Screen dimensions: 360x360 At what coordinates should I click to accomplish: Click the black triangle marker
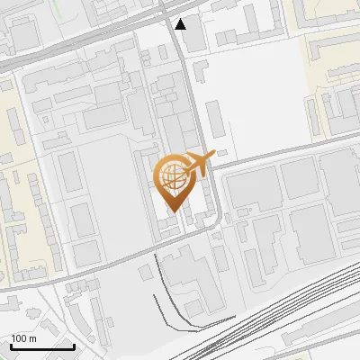(x=182, y=24)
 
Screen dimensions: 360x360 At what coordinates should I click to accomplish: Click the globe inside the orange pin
(x=175, y=177)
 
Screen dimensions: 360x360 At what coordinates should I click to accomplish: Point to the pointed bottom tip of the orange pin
(x=174, y=211)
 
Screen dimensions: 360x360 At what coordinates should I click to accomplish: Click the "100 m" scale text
(x=23, y=338)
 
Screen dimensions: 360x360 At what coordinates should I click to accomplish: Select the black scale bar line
(x=42, y=346)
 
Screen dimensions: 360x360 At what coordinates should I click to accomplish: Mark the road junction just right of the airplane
(x=216, y=167)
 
